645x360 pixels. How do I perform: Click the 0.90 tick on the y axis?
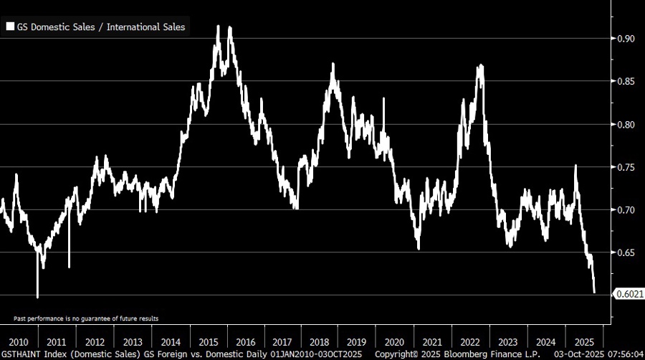626,39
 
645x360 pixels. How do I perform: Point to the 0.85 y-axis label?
626,82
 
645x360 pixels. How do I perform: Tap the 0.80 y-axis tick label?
626,125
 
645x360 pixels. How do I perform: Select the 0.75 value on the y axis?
626,168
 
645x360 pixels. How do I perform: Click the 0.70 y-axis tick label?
626,210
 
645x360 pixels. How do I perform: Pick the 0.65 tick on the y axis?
626,253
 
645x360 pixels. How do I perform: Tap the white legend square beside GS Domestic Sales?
11,27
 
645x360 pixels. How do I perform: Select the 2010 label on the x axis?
19,341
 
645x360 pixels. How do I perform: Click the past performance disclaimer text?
86,318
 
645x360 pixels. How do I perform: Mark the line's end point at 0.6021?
594,292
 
